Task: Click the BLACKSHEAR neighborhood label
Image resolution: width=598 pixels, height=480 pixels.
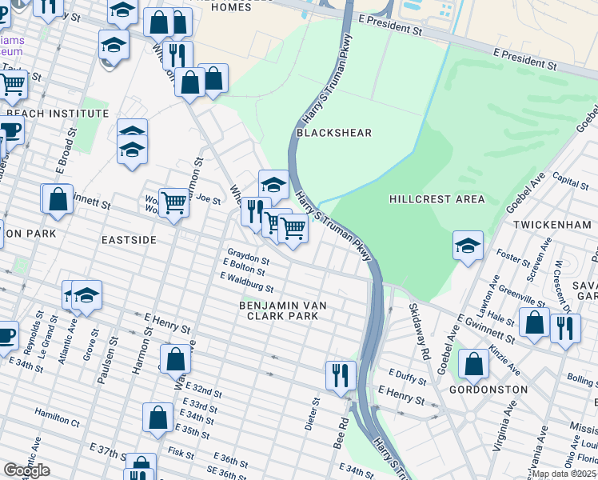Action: click(334, 133)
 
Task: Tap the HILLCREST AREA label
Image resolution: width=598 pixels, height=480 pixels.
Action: click(436, 198)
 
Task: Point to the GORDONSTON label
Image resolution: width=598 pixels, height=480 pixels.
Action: click(494, 390)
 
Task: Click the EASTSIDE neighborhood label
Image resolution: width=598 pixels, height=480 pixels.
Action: click(128, 240)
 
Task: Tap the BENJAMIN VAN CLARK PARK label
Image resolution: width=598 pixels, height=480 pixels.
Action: click(278, 310)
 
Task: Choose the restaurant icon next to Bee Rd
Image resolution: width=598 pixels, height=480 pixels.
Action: click(341, 374)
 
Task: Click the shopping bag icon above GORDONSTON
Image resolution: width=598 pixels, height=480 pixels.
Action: click(474, 364)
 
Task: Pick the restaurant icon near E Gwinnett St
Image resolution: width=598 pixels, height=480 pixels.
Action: click(565, 326)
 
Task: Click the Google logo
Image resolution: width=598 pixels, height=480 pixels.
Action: click(26, 470)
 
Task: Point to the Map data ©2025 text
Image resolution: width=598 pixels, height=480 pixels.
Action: click(564, 474)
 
